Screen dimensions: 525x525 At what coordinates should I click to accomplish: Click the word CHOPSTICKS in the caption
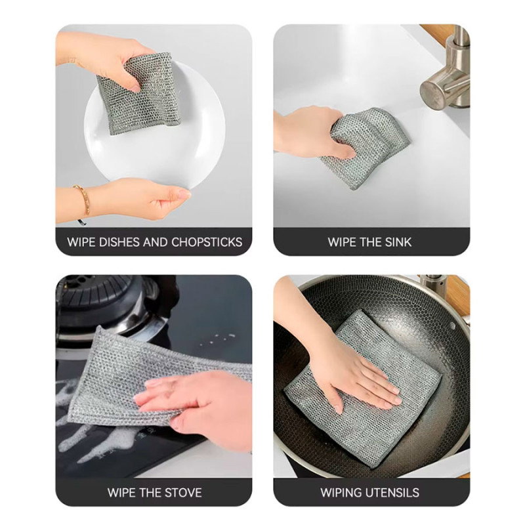[x=207, y=242]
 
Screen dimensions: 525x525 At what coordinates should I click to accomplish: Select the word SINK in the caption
[x=398, y=242]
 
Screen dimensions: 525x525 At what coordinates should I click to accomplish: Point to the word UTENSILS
[x=391, y=493]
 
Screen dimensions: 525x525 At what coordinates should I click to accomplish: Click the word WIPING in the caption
[x=341, y=493]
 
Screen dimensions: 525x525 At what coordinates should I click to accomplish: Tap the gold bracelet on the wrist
[x=82, y=201]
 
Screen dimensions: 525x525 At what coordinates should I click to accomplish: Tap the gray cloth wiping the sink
[x=365, y=147]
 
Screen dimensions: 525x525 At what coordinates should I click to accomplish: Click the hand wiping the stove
[x=198, y=405]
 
